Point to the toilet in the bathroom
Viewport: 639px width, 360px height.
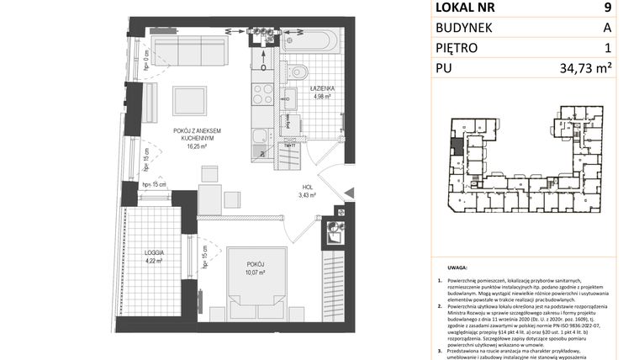pos(296,71)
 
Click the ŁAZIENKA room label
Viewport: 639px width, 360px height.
pos(322,87)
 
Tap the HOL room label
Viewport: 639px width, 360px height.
pos(309,188)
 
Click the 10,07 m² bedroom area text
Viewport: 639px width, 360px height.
pos(255,273)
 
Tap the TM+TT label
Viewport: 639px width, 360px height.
pos(289,146)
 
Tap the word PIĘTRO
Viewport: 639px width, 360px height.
pos(459,49)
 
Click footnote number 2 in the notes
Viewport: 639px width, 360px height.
pos(440,308)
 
